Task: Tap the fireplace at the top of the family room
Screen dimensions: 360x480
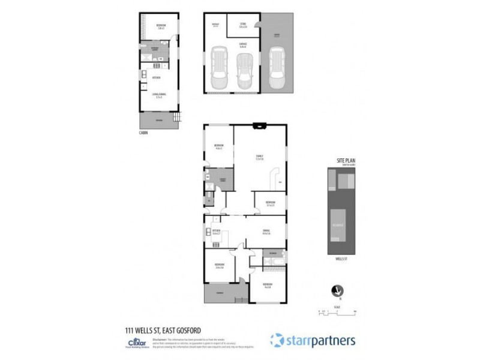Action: click(x=259, y=126)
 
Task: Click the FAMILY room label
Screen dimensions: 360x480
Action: click(x=259, y=157)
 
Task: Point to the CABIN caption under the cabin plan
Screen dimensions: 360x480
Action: click(x=143, y=133)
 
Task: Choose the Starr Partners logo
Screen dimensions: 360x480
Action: click(x=313, y=340)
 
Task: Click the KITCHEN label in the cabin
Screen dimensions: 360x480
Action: click(x=156, y=78)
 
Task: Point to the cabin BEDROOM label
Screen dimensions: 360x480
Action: click(x=161, y=26)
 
